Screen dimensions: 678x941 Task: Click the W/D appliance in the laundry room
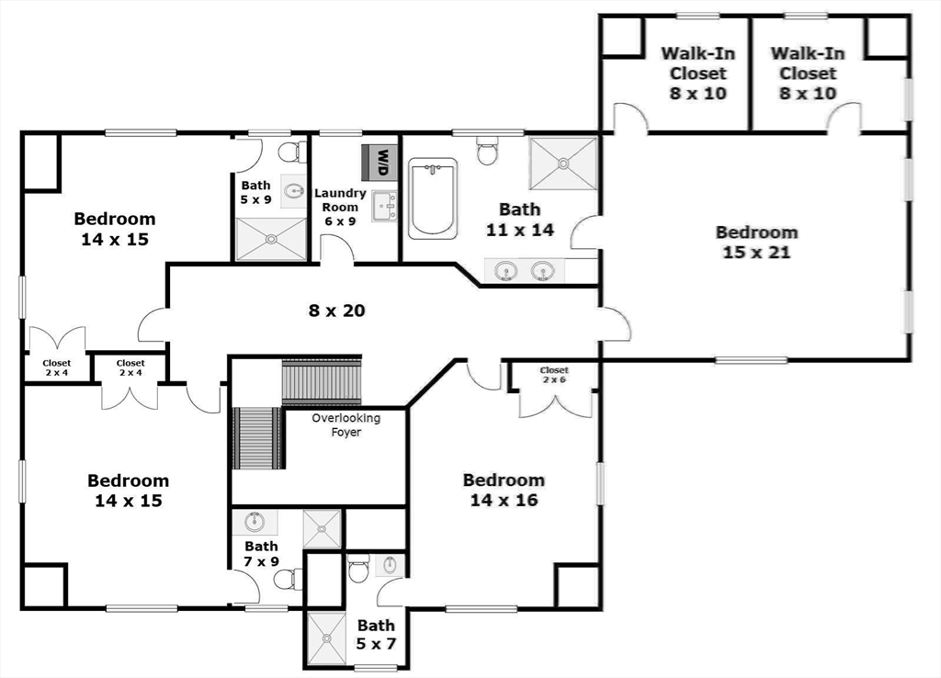(380, 162)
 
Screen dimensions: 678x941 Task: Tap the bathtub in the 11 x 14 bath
(432, 198)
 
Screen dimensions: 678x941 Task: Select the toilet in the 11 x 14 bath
(487, 150)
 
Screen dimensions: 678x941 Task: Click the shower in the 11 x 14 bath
(562, 164)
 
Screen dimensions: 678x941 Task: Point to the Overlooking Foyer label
(346, 424)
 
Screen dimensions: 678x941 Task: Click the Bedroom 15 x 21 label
(756, 242)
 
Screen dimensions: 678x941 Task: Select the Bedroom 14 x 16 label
(504, 490)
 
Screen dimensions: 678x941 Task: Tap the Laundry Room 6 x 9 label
(340, 208)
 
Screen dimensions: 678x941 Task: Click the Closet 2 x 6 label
(554, 375)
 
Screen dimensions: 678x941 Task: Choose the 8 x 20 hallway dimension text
(336, 311)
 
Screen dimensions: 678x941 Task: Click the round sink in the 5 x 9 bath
(294, 191)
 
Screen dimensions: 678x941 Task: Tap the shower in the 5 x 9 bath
(271, 239)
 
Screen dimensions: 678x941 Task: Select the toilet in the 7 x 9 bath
(287, 578)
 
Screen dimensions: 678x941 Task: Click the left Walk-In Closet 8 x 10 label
(698, 73)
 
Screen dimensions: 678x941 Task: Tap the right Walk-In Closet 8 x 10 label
(808, 73)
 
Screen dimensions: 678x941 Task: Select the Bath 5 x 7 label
(376, 634)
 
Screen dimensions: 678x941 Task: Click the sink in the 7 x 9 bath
(255, 523)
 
